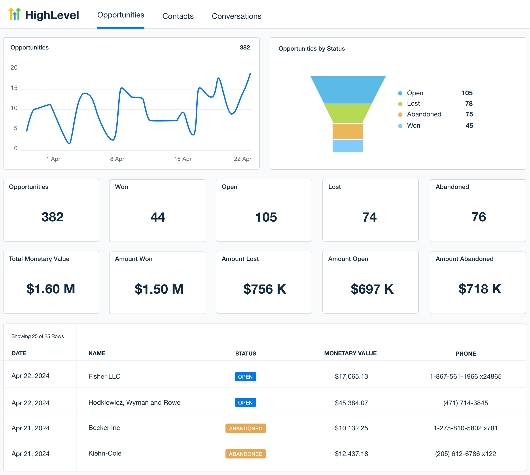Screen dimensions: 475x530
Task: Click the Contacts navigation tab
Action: pyautogui.click(x=178, y=16)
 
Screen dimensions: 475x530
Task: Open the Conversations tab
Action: pyautogui.click(x=236, y=16)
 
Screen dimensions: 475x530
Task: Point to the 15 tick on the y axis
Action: pyautogui.click(x=14, y=88)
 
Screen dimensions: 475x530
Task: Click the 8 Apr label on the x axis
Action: pyautogui.click(x=117, y=159)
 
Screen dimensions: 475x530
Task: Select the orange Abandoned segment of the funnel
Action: pyautogui.click(x=348, y=131)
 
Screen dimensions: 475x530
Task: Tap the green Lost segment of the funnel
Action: pyautogui.click(x=348, y=114)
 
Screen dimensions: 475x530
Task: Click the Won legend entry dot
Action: pyautogui.click(x=400, y=126)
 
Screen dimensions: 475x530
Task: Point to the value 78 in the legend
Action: pyautogui.click(x=469, y=104)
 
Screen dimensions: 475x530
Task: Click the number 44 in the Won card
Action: pyautogui.click(x=157, y=217)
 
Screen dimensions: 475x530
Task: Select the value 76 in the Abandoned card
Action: pyautogui.click(x=478, y=217)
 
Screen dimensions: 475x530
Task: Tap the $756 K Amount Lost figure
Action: pyautogui.click(x=265, y=289)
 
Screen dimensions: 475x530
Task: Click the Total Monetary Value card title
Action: pyautogui.click(x=39, y=259)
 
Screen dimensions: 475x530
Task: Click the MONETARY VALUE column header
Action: pyautogui.click(x=350, y=353)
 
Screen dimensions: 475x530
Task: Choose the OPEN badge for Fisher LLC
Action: pyautogui.click(x=245, y=377)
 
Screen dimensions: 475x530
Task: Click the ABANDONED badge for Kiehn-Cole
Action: pyautogui.click(x=245, y=454)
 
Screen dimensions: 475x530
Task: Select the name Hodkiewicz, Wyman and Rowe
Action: pyautogui.click(x=134, y=403)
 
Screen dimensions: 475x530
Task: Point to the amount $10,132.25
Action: pyautogui.click(x=351, y=428)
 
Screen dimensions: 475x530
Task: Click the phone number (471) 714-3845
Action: pyautogui.click(x=465, y=403)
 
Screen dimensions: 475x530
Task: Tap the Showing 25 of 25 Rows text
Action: pyautogui.click(x=38, y=336)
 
